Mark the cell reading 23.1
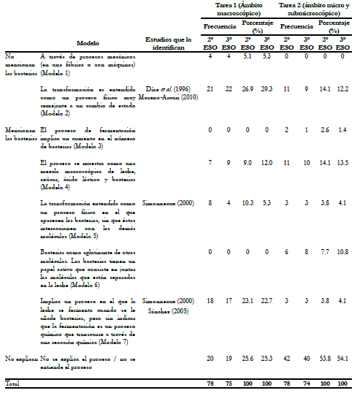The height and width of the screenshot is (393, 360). (x=246, y=300)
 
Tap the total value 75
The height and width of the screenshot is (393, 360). (x=227, y=383)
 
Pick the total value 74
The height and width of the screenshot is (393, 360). (x=306, y=383)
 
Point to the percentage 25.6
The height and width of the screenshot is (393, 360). (x=246, y=359)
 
